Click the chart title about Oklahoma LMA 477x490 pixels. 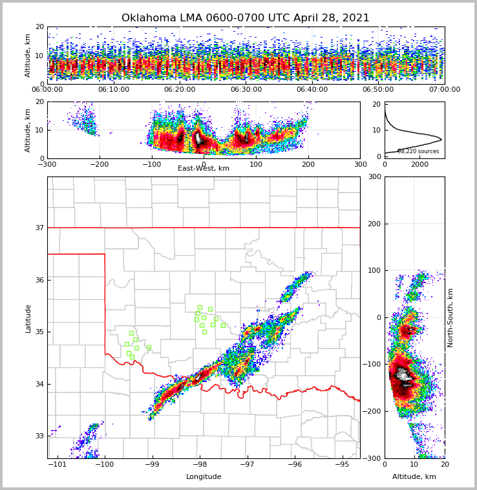pos(246,18)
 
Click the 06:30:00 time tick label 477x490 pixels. pos(246,90)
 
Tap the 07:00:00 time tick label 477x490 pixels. pos(445,90)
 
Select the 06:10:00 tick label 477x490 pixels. pos(114,90)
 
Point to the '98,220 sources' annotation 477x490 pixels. pos(418,151)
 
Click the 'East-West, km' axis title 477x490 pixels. pos(204,169)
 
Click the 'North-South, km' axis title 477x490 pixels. pos(450,318)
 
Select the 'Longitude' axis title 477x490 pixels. pos(204,477)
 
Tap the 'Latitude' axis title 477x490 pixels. pos(28,318)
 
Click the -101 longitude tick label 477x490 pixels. pos(58,465)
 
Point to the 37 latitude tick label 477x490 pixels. pos(39,228)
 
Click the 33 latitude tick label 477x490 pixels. pos(39,436)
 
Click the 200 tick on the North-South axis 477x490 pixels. pos(374,224)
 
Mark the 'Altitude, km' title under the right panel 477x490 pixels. pos(414,477)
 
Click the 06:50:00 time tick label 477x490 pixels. pos(379,90)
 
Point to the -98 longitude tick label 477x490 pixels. pos(200,465)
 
